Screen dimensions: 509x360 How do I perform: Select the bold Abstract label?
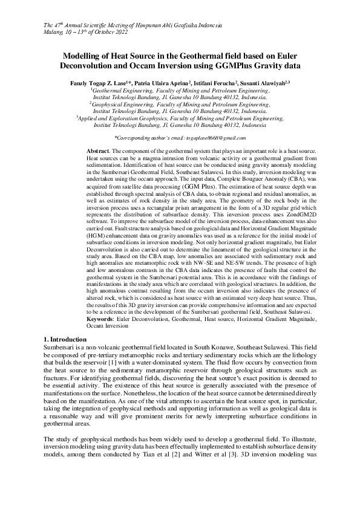pyautogui.click(x=98, y=150)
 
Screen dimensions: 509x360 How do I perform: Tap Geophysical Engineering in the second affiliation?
pyautogui.click(x=123, y=105)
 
